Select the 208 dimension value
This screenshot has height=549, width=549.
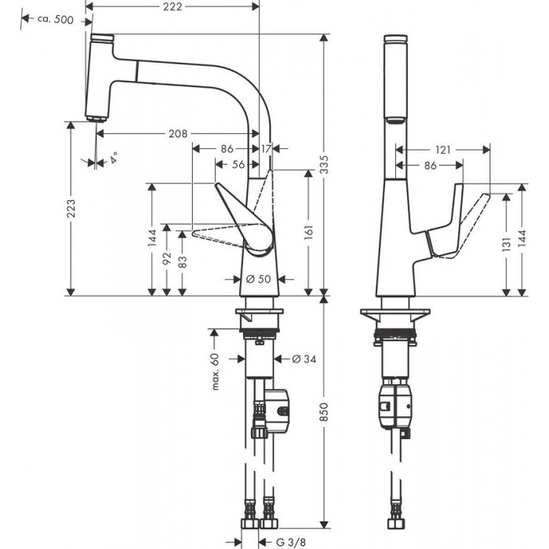tap(177, 134)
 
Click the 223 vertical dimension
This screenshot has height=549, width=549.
tap(71, 208)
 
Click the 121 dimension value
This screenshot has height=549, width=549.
tap(443, 149)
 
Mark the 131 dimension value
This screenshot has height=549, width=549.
tap(507, 244)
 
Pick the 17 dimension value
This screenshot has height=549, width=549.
tap(266, 148)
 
